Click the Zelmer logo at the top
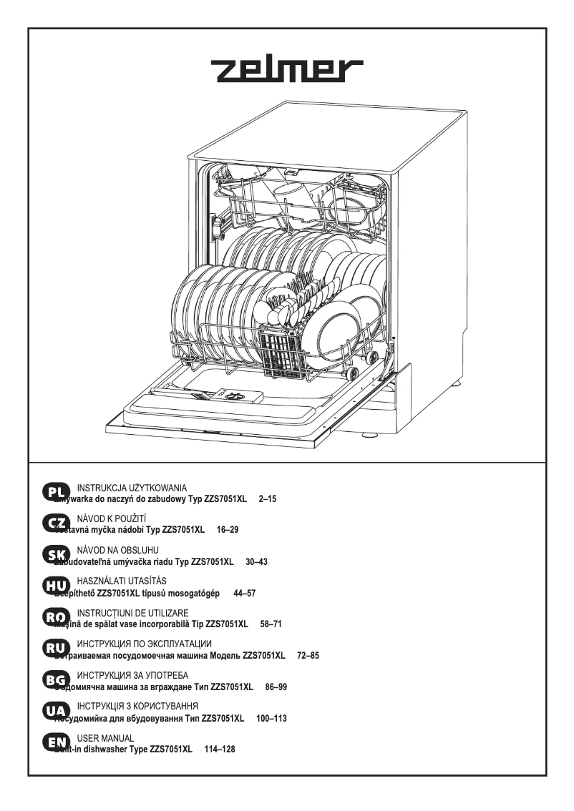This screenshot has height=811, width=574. [x=286, y=72]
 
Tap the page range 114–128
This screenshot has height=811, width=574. [x=220, y=749]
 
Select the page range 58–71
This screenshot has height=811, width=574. [x=271, y=624]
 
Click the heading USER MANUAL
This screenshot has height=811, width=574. [x=105, y=737]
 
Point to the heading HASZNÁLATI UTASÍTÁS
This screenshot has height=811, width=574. [x=121, y=581]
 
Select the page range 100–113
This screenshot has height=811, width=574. [x=271, y=718]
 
